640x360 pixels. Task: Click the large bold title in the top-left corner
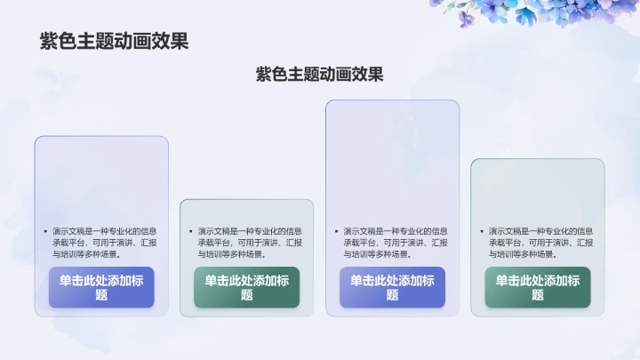pyautogui.click(x=114, y=41)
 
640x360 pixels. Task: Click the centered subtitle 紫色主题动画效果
pyautogui.click(x=320, y=74)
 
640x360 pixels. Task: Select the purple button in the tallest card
pyautogui.click(x=392, y=287)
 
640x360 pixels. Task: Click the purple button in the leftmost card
pyautogui.click(x=101, y=287)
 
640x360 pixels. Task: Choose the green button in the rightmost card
pyautogui.click(x=537, y=287)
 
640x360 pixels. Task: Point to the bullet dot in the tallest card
pyautogui.click(x=336, y=231)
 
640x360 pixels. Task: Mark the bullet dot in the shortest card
pyautogui.click(x=190, y=231)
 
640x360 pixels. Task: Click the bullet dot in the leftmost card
pyautogui.click(x=45, y=231)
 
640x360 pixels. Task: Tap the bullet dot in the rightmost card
pyautogui.click(x=481, y=231)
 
